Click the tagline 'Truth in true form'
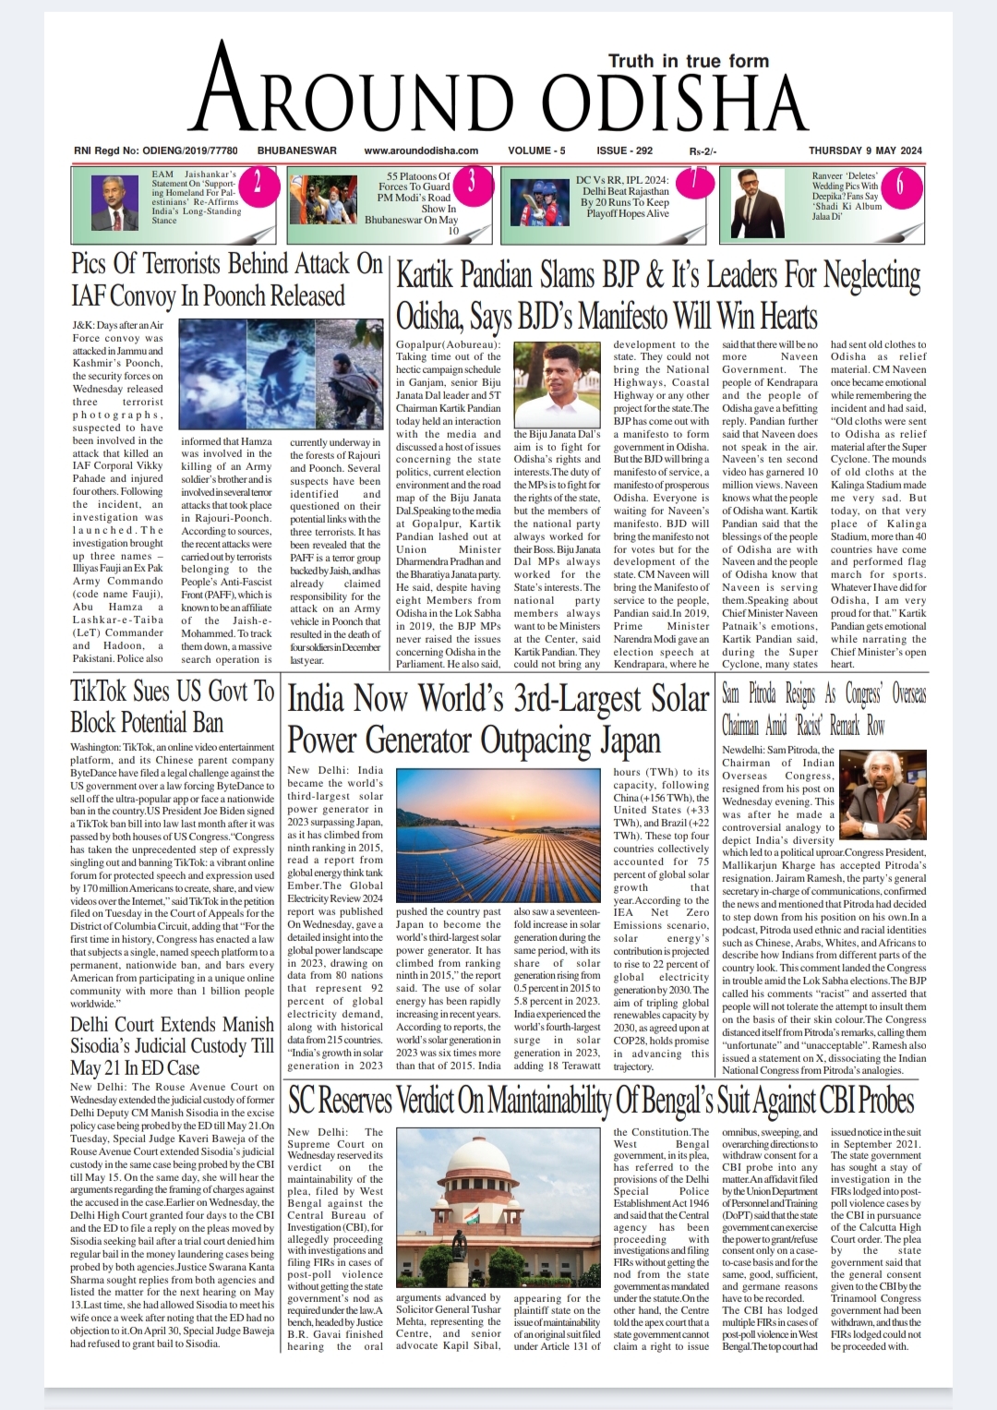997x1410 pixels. point(688,62)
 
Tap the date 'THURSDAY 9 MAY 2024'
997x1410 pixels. point(865,151)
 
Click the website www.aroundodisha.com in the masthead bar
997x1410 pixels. point(421,151)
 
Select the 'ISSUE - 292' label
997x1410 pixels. point(624,151)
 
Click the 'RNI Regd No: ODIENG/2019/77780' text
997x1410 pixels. point(156,151)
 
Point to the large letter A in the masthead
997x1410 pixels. point(228,93)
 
